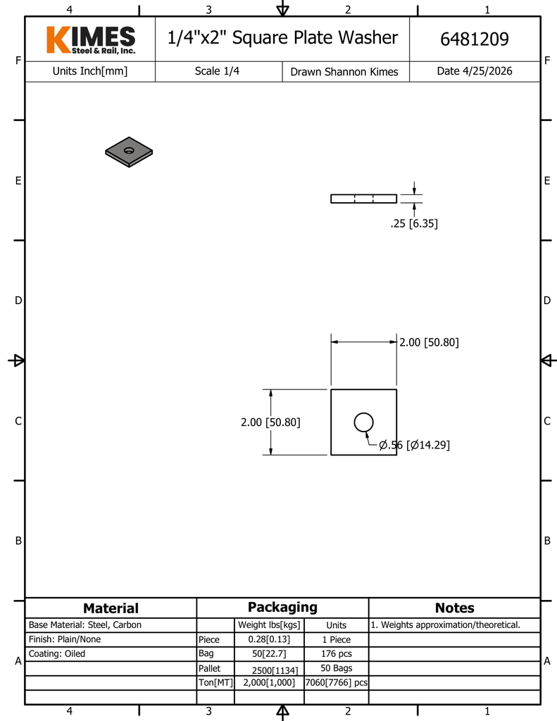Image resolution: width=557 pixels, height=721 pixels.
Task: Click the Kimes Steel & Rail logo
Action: pos(90,39)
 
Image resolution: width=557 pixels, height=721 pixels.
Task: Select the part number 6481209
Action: pos(474,39)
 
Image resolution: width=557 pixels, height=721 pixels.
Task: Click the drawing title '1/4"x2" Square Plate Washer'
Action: pos(282,38)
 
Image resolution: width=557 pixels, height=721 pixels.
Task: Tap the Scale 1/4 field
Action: pos(217,71)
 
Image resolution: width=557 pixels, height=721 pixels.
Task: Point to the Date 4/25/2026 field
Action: pos(475,71)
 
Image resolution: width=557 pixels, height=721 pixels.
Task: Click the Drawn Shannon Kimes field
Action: pos(344,72)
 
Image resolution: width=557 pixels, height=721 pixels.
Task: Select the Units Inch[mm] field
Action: pos(90,71)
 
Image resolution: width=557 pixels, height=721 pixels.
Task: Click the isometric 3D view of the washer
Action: pos(129,151)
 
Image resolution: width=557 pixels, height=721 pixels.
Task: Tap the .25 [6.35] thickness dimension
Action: pos(414,224)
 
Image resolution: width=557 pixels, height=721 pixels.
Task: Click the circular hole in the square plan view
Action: pos(363,422)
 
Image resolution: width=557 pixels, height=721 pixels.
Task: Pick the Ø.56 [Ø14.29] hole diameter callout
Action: pos(414,445)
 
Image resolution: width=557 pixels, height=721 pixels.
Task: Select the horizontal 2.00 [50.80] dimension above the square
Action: pos(429,342)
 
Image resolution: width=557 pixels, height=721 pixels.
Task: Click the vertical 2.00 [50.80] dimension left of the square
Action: pos(270,422)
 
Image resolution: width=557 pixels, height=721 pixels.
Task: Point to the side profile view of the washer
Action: pos(363,199)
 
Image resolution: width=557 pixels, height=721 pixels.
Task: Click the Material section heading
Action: pos(111,608)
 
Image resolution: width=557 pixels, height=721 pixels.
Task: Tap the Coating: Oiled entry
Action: pos(57,653)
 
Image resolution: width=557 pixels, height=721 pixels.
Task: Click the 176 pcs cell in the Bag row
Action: pos(336,653)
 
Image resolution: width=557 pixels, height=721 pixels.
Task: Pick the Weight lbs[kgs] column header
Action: pos(270,625)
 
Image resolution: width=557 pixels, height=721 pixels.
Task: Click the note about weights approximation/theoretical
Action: pos(445,625)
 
